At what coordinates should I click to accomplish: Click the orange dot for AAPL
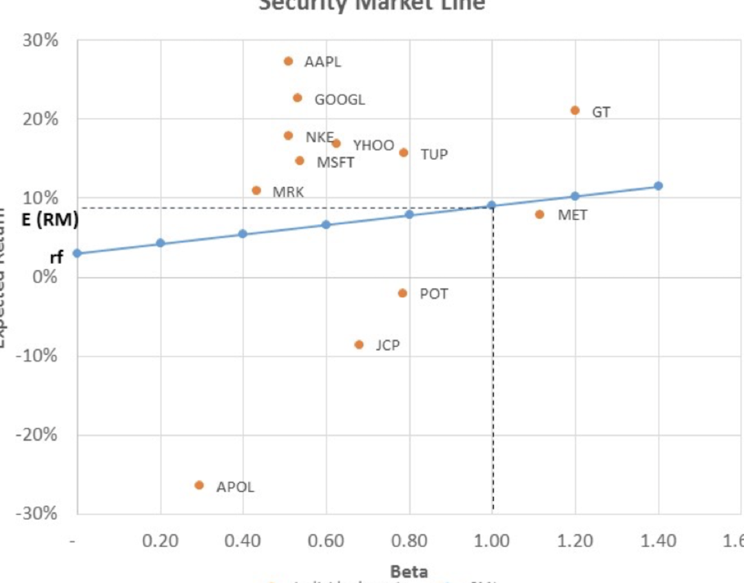click(x=288, y=61)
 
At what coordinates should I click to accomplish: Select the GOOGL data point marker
click(x=297, y=98)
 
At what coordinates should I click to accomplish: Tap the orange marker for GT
click(x=575, y=110)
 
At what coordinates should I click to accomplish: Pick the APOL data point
click(x=199, y=485)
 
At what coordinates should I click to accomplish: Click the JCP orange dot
click(x=359, y=345)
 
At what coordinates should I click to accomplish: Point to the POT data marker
click(x=402, y=293)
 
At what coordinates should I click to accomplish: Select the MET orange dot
click(x=539, y=214)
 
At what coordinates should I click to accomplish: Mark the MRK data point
click(x=256, y=190)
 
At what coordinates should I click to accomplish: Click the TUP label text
click(x=434, y=154)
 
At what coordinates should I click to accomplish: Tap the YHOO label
click(x=373, y=145)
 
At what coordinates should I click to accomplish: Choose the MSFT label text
click(x=335, y=163)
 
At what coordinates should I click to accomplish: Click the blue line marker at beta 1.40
click(x=658, y=186)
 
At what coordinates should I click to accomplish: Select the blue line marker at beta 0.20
click(x=161, y=243)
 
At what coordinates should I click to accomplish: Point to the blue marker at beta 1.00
click(x=492, y=205)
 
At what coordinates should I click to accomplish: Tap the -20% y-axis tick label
click(x=39, y=435)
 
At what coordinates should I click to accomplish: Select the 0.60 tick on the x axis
click(x=326, y=541)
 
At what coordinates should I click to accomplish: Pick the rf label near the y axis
click(x=56, y=257)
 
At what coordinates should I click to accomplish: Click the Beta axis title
click(x=409, y=571)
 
